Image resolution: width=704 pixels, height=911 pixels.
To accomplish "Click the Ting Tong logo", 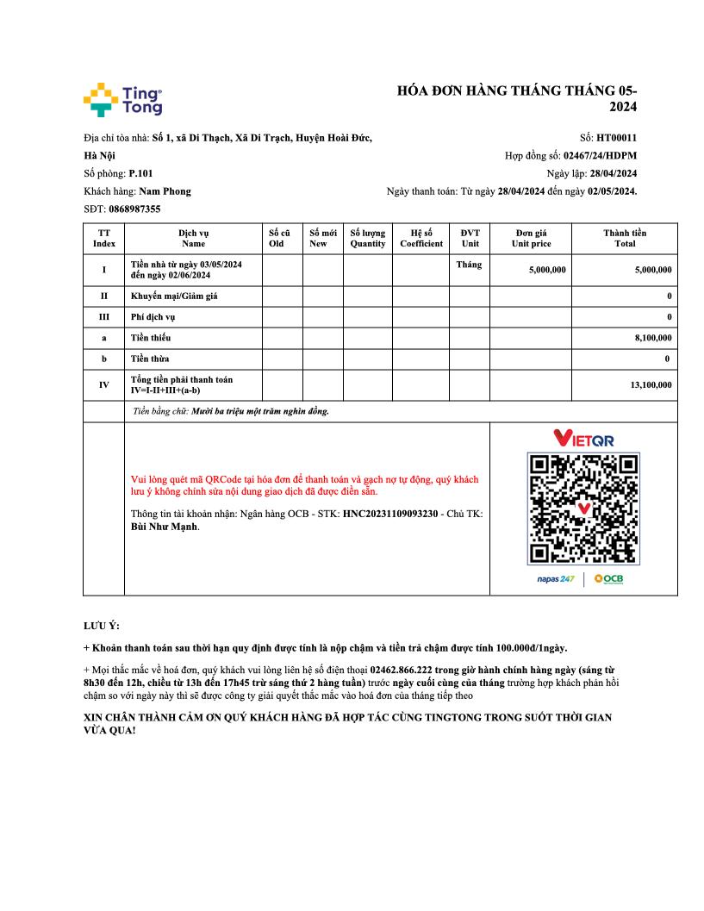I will click(x=122, y=99).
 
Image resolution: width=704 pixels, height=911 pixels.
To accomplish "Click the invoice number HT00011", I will click(x=616, y=137).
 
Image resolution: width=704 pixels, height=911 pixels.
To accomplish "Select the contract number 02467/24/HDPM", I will click(x=601, y=156).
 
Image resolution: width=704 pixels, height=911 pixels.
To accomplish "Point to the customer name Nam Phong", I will click(x=165, y=191).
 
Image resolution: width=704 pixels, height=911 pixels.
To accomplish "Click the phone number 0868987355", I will click(x=135, y=209).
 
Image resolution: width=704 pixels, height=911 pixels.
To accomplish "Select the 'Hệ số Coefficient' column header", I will click(x=421, y=238).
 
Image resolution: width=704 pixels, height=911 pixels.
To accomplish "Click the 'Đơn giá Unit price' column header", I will click(x=531, y=238).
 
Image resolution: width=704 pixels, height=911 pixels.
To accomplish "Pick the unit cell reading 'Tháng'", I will click(x=470, y=265).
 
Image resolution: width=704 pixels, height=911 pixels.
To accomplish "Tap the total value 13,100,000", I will click(x=651, y=385).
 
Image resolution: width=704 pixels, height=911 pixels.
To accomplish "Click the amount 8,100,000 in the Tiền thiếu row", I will click(x=653, y=339).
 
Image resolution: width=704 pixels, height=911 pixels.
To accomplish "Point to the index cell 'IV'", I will click(x=103, y=385).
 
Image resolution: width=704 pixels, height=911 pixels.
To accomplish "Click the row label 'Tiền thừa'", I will click(x=150, y=359).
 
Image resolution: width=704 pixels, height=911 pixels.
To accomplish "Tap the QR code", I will click(x=583, y=509).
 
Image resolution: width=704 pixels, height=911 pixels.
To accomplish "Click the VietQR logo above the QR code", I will click(x=583, y=439).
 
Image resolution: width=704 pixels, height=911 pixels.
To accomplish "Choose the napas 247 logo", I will click(x=556, y=578).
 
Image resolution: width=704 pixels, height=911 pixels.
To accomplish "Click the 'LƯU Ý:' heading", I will click(x=102, y=625).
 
